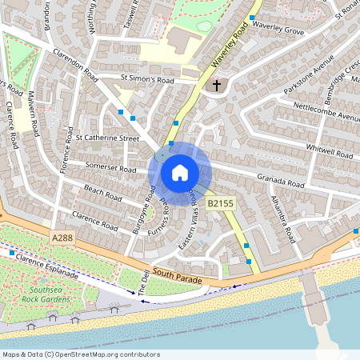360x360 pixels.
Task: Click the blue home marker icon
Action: pyautogui.click(x=180, y=172)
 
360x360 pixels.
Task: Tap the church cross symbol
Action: pyautogui.click(x=215, y=85)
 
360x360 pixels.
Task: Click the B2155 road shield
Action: pyautogui.click(x=220, y=205)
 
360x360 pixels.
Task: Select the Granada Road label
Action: pyautogui.click(x=280, y=183)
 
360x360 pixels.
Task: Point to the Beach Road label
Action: pyautogui.click(x=102, y=193)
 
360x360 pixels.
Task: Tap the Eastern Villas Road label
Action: pyautogui.click(x=193, y=218)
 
